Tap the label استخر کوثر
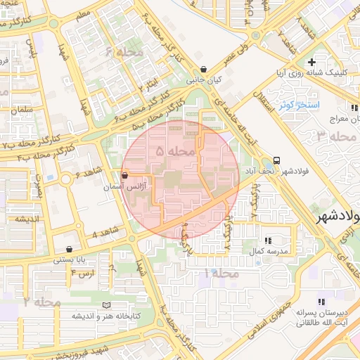[300, 105]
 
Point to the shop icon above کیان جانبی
[203, 70]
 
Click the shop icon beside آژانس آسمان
[125, 175]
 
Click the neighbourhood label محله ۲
[41, 302]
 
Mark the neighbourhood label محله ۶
[124, 51]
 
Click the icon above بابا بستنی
[68, 249]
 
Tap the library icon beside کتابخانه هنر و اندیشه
[106, 305]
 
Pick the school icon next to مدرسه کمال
[267, 240]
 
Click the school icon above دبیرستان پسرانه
[322, 300]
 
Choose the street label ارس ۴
[82, 272]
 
